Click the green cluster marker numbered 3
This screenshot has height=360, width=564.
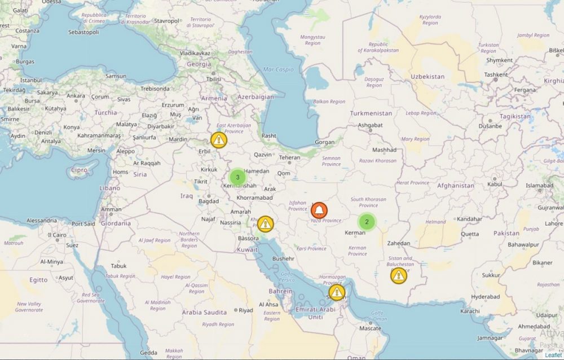pos(237,177)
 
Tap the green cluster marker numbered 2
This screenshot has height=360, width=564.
pos(367,222)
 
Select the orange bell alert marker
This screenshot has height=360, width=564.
pos(319,210)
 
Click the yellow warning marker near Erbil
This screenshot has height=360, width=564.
pos(219,139)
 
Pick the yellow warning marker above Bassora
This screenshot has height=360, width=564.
pos(265,225)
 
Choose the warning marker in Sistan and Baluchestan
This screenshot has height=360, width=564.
pos(399,275)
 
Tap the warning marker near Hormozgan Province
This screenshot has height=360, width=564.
pos(337,292)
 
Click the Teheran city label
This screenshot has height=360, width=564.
pos(289,157)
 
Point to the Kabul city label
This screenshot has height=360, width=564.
pos(495,184)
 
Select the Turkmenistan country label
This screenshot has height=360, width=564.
pos(371,113)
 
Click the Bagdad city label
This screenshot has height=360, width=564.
pos(208,201)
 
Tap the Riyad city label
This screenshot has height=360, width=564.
pos(246,310)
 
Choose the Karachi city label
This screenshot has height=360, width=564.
pos(454,311)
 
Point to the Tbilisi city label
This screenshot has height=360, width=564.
pos(213,79)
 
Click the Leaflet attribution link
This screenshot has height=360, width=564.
pos(553,355)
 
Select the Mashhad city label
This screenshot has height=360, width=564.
pos(384,150)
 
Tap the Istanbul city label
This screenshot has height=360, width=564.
pos(31,80)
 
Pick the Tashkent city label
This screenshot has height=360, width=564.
pos(496,74)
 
